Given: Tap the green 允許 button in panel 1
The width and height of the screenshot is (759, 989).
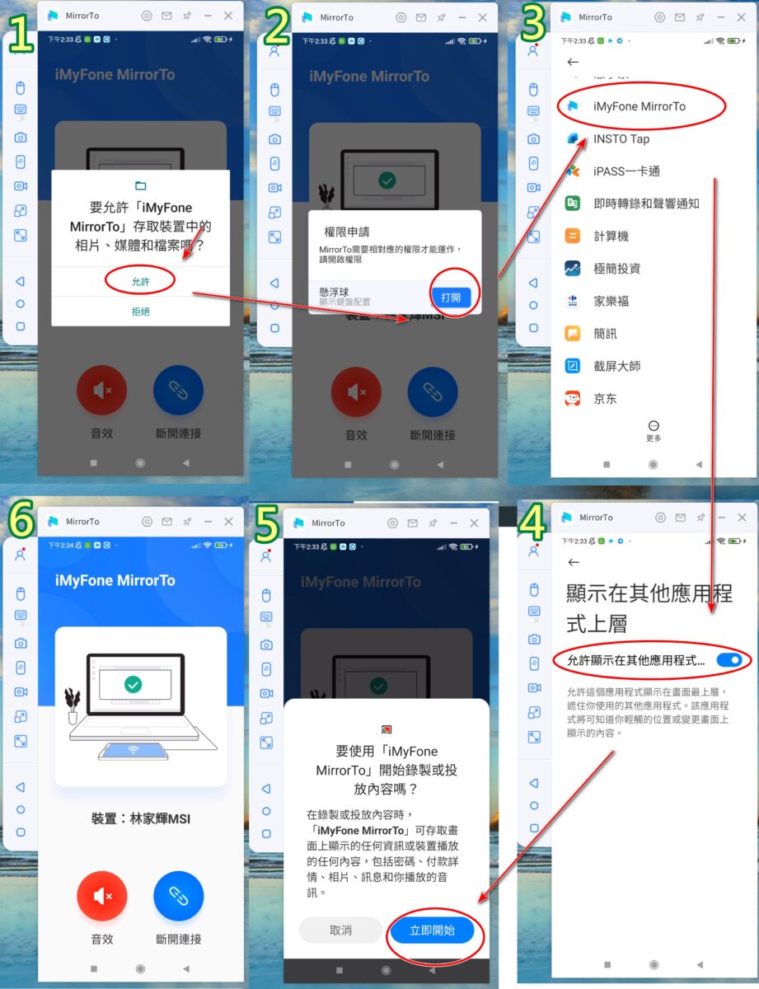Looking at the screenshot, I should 141,281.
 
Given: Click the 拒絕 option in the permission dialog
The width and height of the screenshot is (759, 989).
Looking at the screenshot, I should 141,312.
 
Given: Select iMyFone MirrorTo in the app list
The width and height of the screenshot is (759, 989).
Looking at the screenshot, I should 639,106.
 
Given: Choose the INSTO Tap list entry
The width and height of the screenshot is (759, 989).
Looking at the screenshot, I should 621,138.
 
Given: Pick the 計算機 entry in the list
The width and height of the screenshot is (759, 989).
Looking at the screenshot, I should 611,236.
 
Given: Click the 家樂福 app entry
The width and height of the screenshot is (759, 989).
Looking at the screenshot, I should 611,301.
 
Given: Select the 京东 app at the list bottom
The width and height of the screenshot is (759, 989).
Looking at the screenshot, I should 605,399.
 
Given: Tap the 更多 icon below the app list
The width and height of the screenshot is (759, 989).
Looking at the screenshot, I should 654,426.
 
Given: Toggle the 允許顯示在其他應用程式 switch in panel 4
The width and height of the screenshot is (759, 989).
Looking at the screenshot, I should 729,659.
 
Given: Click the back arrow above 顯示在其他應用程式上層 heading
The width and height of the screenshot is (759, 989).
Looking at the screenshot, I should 574,562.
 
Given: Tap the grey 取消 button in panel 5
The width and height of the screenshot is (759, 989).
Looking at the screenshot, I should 340,930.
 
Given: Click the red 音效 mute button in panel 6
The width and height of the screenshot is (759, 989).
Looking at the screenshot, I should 102,895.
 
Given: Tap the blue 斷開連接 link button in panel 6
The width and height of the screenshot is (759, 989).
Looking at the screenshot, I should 179,895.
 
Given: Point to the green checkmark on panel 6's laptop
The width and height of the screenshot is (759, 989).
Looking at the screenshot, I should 133,684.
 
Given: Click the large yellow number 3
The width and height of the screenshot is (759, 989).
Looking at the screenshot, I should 533,28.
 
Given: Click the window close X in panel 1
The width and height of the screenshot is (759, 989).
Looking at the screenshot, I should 228,16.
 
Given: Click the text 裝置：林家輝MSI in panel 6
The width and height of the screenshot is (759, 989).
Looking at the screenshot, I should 141,819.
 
